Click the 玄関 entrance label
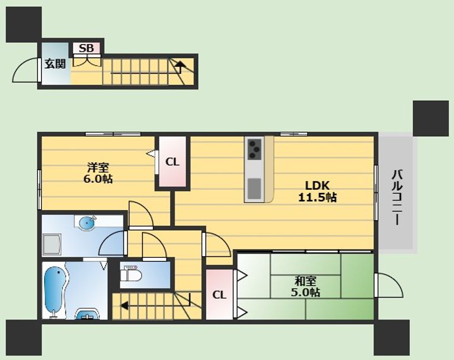(55, 64)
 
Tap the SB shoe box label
(86, 49)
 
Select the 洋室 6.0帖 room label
(98, 173)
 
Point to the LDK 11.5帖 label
(317, 191)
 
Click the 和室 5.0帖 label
(305, 287)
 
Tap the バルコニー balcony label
(398, 197)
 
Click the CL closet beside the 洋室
(172, 162)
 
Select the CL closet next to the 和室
(219, 294)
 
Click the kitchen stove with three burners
(255, 149)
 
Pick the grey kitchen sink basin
(255, 189)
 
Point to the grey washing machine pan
(52, 245)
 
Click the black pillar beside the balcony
(431, 118)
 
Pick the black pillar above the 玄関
(24, 25)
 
